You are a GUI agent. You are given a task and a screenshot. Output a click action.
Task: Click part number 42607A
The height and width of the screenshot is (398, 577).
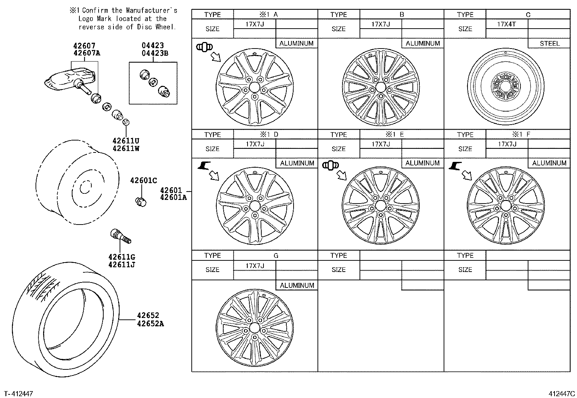pos(87,53)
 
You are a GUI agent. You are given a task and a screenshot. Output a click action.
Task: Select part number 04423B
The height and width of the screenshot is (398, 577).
pos(155,53)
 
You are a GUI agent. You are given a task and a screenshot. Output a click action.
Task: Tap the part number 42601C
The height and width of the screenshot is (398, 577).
pos(144,180)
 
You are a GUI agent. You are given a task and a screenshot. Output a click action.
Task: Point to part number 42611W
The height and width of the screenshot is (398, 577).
pos(126,148)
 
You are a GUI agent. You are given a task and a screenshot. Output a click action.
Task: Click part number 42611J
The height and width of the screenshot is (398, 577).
pos(121,264)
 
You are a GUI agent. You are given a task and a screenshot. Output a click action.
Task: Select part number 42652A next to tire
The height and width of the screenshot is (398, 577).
pos(150,323)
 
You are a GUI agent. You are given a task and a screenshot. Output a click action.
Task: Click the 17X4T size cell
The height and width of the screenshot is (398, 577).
pos(506,24)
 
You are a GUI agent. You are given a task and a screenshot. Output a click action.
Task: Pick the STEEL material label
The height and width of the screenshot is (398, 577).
pos(549,43)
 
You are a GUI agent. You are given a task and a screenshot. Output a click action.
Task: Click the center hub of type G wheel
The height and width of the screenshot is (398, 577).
pos(254,328)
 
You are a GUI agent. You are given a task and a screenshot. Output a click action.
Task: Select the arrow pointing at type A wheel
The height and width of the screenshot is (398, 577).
pos(215,57)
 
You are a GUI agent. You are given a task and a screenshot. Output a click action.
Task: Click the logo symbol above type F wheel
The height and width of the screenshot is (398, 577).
pos(454,166)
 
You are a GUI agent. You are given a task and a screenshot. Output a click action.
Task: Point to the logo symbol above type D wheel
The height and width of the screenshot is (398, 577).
pos(204,166)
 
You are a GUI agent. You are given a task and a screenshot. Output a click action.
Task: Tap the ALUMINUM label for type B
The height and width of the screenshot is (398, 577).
pos(422,43)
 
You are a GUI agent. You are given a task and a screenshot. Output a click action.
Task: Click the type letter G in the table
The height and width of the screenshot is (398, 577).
pos(276,255)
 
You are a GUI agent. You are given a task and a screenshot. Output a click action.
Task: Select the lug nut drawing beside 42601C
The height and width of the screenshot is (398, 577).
pos(140,201)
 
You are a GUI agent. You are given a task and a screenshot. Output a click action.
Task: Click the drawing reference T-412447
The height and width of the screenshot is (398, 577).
pos(18,393)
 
